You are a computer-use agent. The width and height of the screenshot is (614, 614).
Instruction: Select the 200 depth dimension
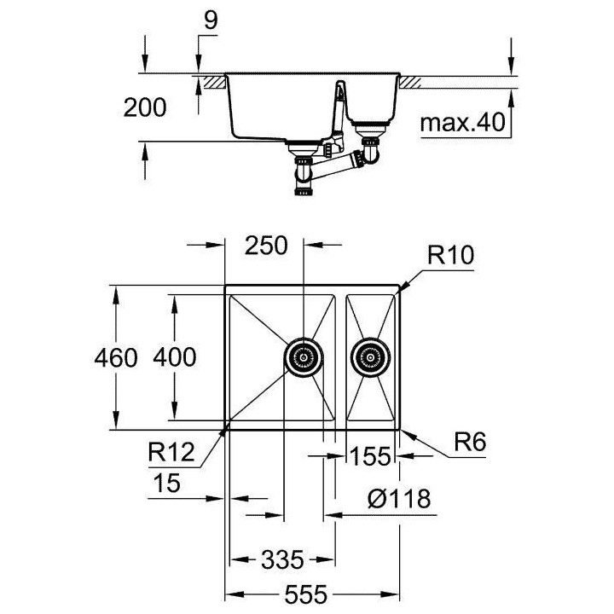coord(144,107)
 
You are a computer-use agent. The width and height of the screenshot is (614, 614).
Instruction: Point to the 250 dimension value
coord(266,245)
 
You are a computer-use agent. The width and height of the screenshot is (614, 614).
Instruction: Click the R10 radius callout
coord(450,254)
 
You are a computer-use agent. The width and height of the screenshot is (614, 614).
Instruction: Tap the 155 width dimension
coord(369,457)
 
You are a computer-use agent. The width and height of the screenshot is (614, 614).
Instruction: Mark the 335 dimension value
coord(281,559)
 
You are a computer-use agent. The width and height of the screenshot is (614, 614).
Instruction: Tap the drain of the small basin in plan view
coord(371,356)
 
